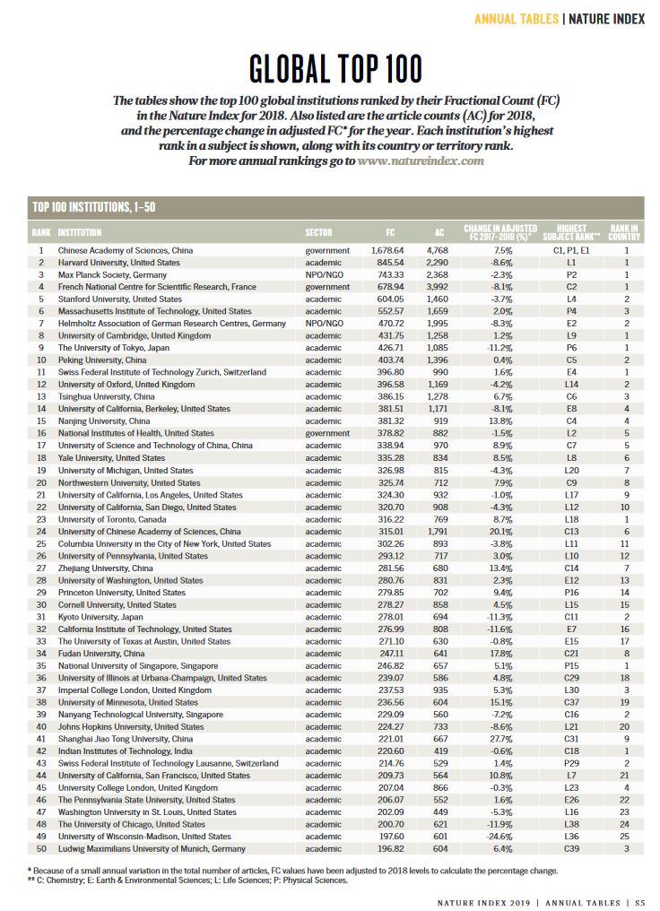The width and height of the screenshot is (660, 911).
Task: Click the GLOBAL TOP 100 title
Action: point(329,69)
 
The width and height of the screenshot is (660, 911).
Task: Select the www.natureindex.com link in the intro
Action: point(421,161)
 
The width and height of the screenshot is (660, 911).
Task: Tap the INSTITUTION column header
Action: point(79,232)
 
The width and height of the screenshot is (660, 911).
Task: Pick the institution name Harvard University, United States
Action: point(119,262)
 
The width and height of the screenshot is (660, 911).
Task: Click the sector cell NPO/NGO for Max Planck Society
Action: point(323,274)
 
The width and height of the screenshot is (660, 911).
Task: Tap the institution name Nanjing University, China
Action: point(103,421)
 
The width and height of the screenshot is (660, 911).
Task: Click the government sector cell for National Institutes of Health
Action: point(328,432)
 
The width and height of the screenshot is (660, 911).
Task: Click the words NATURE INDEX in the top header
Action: point(605,18)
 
